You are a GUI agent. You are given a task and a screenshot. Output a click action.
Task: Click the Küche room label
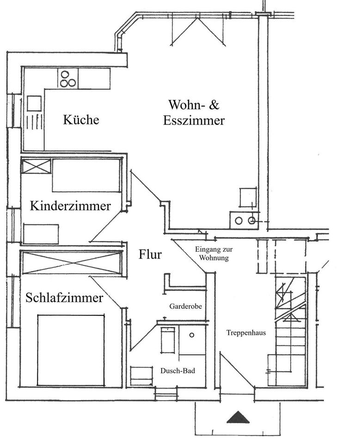(x=81, y=120)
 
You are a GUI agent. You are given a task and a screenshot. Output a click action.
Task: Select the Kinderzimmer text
(x=70, y=206)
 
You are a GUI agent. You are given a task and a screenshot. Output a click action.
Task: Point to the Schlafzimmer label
(x=64, y=298)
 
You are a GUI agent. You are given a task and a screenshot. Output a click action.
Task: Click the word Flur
(x=150, y=254)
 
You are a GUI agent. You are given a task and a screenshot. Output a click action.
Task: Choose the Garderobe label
(x=185, y=306)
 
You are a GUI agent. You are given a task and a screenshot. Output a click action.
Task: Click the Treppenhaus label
(x=246, y=333)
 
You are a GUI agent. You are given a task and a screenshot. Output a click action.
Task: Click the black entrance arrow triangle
(x=238, y=417)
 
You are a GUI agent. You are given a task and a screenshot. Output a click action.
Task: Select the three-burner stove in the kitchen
(x=67, y=78)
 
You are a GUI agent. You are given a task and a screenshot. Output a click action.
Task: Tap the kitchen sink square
(x=34, y=103)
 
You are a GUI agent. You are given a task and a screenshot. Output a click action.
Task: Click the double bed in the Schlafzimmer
(x=71, y=350)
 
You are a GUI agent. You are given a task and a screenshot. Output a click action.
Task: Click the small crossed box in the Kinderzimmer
(x=36, y=166)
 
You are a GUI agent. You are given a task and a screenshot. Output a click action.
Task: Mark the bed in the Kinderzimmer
(x=86, y=175)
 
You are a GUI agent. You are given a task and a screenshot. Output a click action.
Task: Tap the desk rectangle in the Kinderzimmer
(x=41, y=234)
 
